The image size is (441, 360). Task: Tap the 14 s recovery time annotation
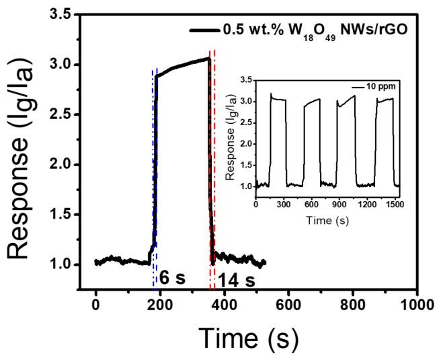pos(230,277)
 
